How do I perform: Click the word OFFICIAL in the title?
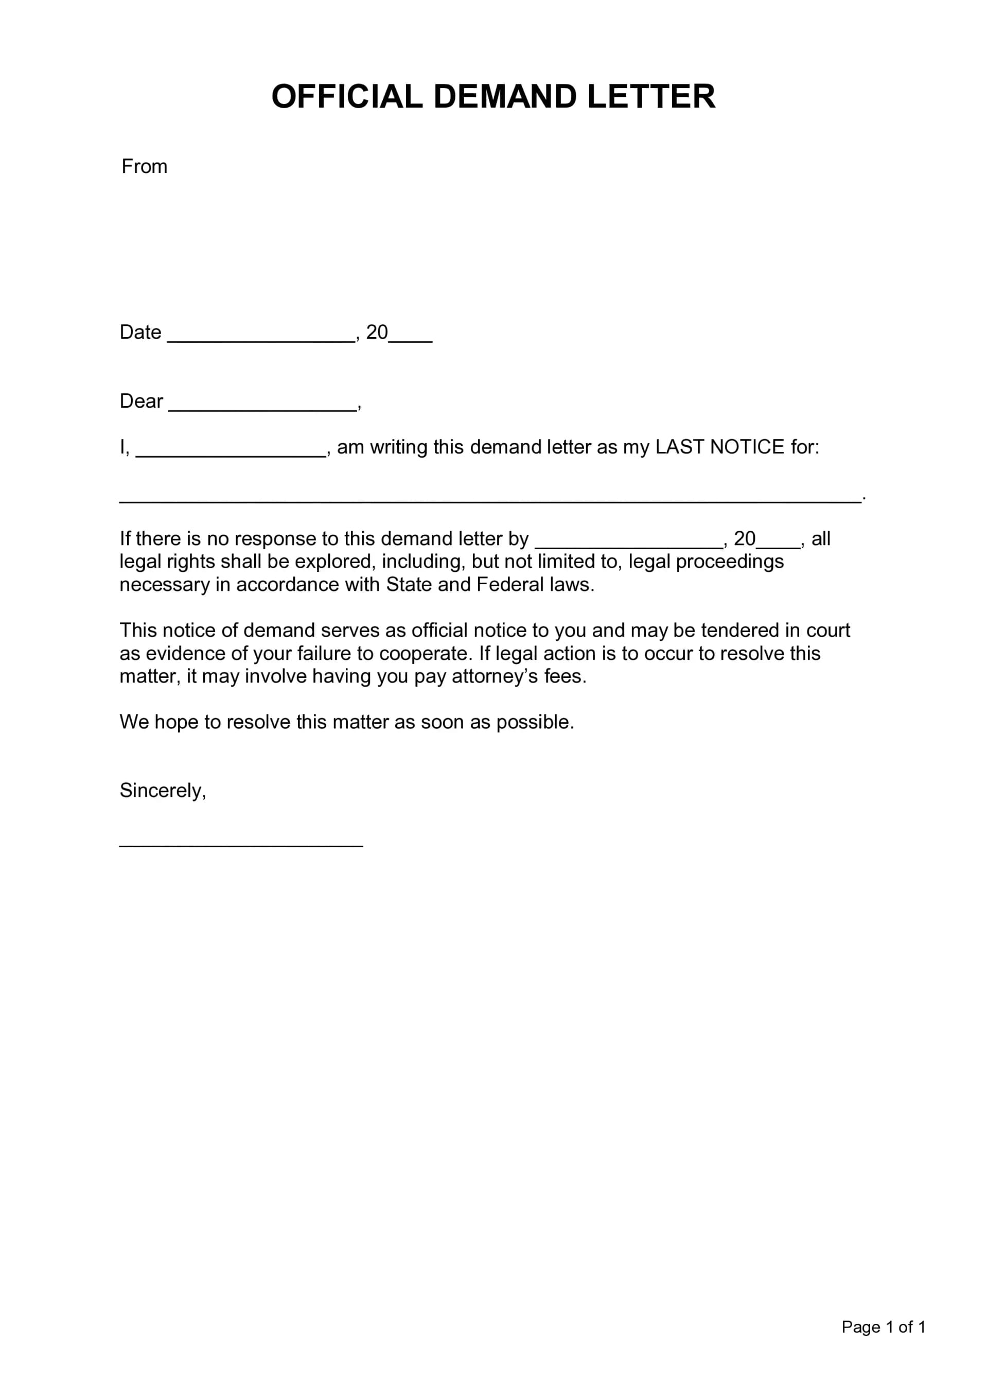coord(346,97)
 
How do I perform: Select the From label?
coord(144,166)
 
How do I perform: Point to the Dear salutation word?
coord(141,401)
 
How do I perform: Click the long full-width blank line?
coord(490,499)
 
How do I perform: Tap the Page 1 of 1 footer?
coord(884,1327)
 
